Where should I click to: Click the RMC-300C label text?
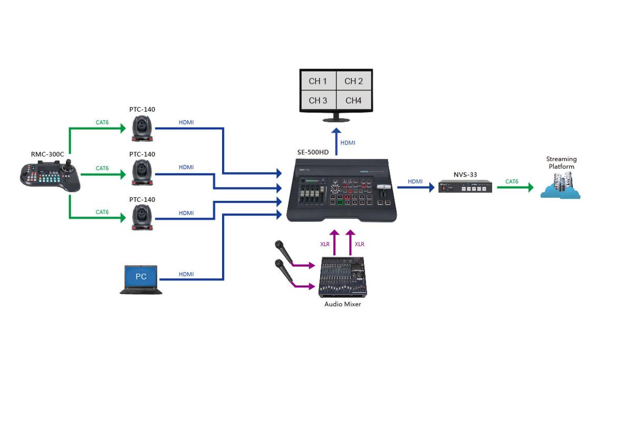(x=47, y=154)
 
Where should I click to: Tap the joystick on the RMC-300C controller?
(x=68, y=166)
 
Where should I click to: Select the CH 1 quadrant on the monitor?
(x=318, y=81)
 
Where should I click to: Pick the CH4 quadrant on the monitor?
(x=353, y=100)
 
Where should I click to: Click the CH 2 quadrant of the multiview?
(x=353, y=81)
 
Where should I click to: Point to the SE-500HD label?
(x=313, y=152)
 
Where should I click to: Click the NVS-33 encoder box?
(x=465, y=187)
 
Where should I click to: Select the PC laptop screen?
(x=141, y=276)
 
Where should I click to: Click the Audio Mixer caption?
(x=342, y=304)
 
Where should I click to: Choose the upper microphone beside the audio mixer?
(x=284, y=251)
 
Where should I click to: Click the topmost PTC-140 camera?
(x=142, y=128)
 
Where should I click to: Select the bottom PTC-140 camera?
(x=142, y=217)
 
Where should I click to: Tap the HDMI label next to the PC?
(x=186, y=274)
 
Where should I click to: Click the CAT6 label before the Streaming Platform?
(x=512, y=181)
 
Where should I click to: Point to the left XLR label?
(x=325, y=244)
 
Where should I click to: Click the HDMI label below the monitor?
(x=348, y=143)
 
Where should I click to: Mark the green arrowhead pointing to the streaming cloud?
(x=531, y=187)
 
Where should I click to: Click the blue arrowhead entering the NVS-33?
(x=432, y=187)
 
